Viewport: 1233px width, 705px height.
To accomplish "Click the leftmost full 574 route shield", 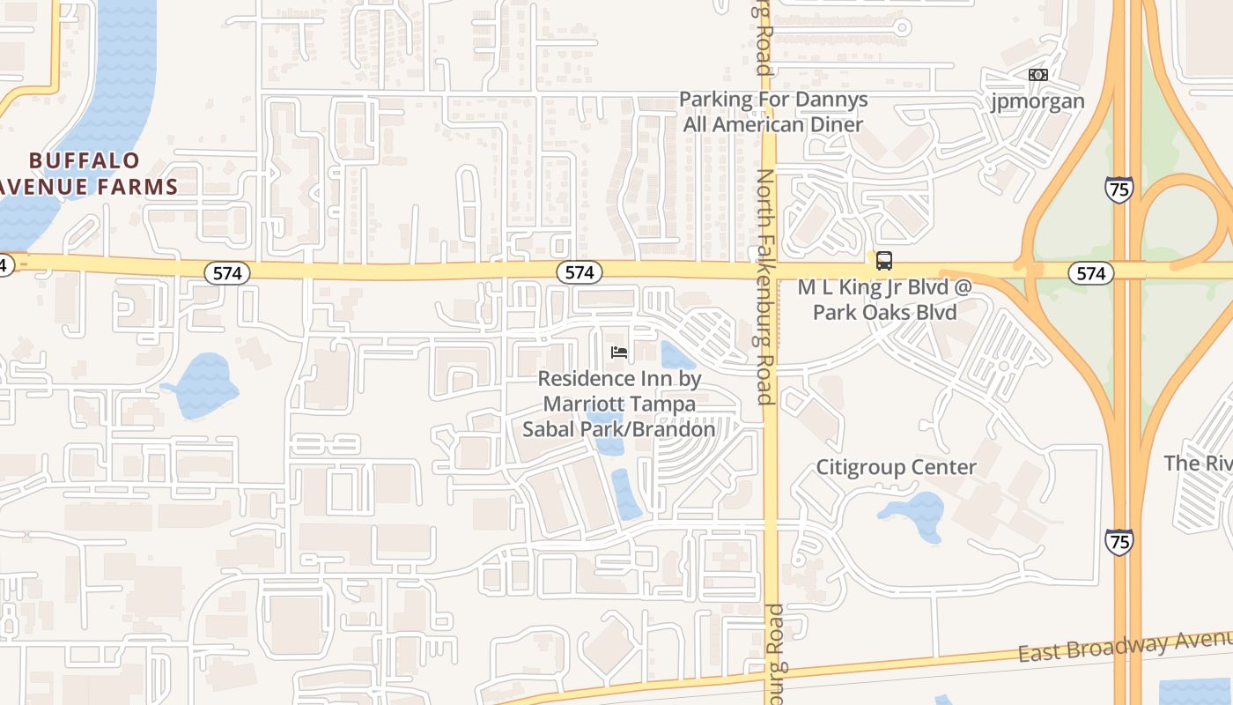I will (227, 273).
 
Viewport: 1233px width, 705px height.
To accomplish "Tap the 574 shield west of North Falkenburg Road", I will (580, 273).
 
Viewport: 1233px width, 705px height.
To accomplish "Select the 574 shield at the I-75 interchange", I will (1090, 273).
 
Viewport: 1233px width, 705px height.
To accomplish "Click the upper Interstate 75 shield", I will (1119, 189).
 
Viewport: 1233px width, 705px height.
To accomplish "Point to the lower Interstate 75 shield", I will (1119, 541).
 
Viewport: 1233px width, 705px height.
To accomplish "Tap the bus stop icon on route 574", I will (883, 261).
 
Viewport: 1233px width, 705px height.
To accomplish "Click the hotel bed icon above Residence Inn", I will (619, 352).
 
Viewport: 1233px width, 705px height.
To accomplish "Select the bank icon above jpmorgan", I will (1038, 75).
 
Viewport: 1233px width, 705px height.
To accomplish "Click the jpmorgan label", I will (1038, 101).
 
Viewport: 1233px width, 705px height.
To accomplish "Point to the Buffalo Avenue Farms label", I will (88, 174).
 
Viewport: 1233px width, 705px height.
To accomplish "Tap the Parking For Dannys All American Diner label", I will (773, 112).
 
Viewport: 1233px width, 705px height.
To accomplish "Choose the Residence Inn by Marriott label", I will (619, 404).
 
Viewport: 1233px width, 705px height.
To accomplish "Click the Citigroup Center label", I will (896, 467).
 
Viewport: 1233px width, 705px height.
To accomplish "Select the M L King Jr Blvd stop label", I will (884, 300).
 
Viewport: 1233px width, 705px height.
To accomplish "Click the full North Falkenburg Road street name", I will (764, 286).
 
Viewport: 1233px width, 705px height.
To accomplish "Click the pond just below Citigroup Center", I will (916, 516).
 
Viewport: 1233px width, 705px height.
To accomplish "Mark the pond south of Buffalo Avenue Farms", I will (205, 385).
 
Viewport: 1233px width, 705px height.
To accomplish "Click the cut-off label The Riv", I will (1198, 463).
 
